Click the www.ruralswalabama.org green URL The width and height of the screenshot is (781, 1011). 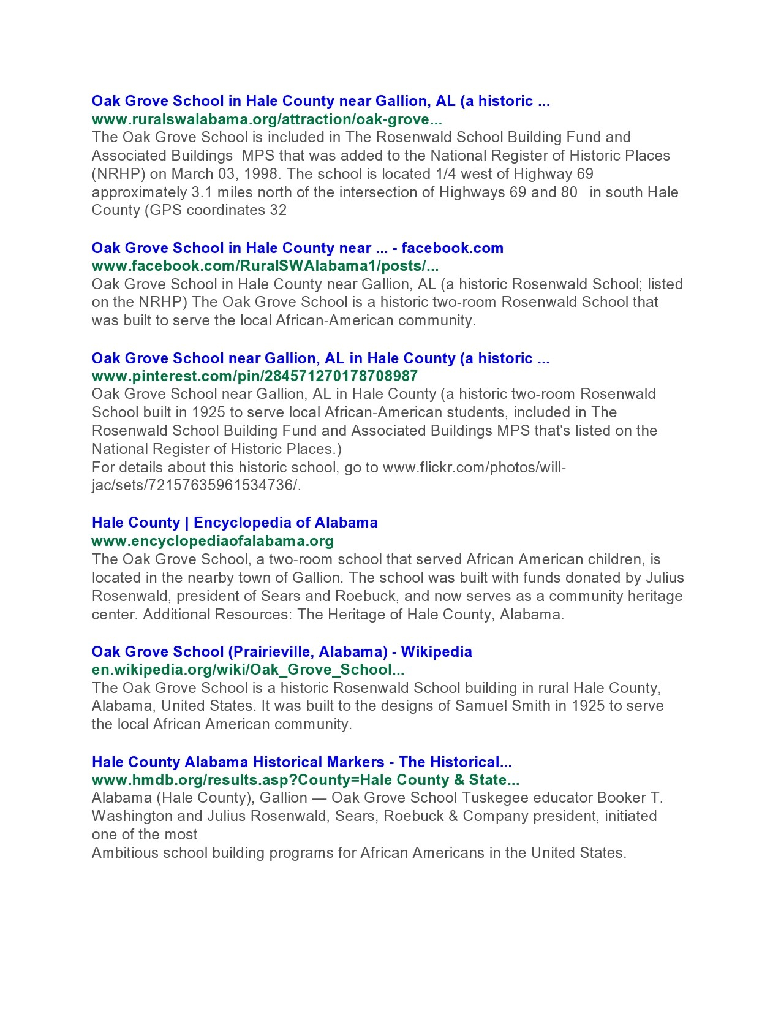pyautogui.click(x=266, y=119)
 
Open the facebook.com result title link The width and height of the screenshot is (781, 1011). pyautogui.click(x=297, y=248)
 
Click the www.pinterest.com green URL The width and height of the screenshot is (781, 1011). pyautogui.click(x=254, y=376)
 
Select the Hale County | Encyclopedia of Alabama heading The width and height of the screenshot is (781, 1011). pyautogui.click(x=235, y=523)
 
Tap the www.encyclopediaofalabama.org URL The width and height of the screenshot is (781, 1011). pyautogui.click(x=213, y=541)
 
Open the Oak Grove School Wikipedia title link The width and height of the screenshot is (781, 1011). pyautogui.click(x=282, y=652)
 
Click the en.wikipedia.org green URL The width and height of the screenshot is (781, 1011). pyautogui.click(x=247, y=670)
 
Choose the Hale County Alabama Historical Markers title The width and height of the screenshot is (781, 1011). pyautogui.click(x=301, y=762)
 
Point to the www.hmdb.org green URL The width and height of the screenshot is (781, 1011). pyautogui.click(x=305, y=780)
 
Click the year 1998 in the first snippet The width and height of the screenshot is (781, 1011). pyautogui.click(x=260, y=174)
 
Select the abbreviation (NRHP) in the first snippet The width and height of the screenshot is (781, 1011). pyautogui.click(x=118, y=174)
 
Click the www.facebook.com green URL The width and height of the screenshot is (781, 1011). pyautogui.click(x=265, y=266)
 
